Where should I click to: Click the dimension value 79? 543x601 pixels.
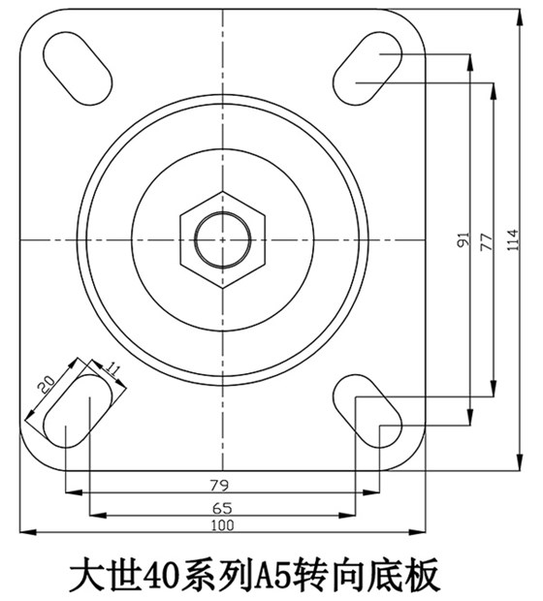coord(224,484)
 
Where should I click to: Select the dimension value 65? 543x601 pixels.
coord(224,507)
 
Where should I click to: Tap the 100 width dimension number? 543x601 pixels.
coord(224,525)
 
